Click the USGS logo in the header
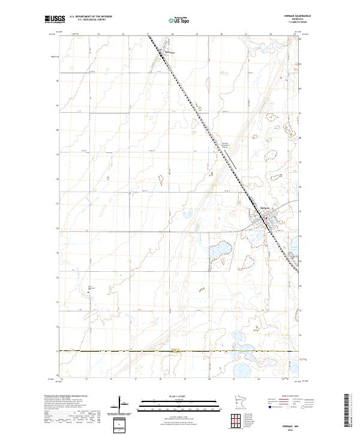pyautogui.click(x=55, y=19)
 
